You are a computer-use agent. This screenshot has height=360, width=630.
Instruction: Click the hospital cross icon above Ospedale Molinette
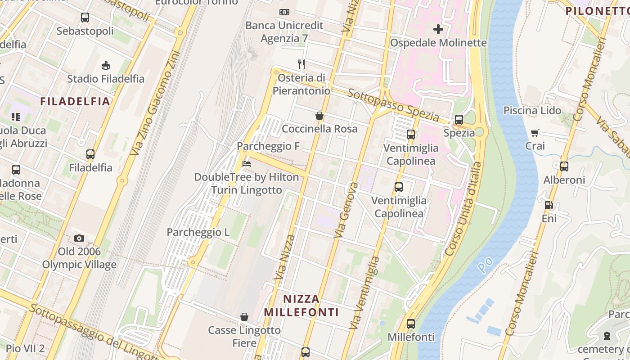438,30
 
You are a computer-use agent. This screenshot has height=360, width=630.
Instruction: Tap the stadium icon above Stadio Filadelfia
106,66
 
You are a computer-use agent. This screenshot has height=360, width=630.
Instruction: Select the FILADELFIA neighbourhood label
75,101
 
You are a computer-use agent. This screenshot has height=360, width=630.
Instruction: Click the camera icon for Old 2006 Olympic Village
79,238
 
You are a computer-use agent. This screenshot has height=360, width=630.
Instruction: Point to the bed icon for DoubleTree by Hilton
246,164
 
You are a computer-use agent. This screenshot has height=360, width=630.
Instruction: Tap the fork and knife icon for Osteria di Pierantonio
301,64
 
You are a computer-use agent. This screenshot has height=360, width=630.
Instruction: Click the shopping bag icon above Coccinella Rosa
319,116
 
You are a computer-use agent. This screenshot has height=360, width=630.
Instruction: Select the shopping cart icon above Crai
535,133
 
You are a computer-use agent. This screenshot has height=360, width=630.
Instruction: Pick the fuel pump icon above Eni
549,205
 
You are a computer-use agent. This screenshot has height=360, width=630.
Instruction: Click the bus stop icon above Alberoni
564,166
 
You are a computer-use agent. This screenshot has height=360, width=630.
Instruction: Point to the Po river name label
483,266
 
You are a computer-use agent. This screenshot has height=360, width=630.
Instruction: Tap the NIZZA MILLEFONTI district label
301,306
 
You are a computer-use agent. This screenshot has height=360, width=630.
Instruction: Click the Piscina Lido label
532,110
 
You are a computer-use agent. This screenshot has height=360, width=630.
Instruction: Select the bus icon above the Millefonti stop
410,324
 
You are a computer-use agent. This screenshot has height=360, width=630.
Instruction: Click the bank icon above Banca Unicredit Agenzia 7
284,12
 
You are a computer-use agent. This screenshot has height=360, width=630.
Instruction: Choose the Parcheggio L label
198,232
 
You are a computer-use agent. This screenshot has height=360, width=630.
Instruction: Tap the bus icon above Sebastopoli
85,18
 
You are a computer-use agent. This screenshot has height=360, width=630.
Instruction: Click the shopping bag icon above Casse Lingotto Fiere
244,317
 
